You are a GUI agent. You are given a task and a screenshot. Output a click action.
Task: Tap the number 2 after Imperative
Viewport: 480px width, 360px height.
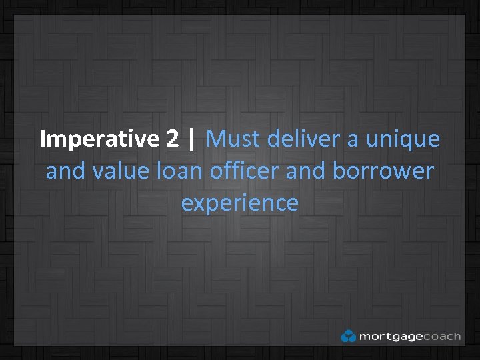[x=173, y=139]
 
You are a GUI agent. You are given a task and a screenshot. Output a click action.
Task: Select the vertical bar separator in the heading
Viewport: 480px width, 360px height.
[x=193, y=139]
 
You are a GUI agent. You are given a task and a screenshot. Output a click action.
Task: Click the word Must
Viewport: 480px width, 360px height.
[x=233, y=139]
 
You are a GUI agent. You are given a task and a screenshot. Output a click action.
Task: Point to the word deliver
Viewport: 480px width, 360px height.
[x=299, y=139]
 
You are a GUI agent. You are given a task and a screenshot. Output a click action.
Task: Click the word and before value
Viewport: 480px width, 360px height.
[x=65, y=171]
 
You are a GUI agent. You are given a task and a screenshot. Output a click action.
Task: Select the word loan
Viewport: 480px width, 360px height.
[x=179, y=171]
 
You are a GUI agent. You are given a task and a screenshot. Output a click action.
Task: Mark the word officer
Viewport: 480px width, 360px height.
[x=245, y=171]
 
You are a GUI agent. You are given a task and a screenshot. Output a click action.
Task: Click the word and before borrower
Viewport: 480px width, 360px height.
[x=306, y=171]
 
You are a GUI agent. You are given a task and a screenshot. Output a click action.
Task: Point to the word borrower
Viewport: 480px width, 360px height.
[x=383, y=171]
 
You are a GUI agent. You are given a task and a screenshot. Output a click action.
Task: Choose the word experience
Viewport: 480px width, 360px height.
[x=240, y=203]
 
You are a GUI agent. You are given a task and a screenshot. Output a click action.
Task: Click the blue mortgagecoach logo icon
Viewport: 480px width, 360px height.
[x=348, y=336]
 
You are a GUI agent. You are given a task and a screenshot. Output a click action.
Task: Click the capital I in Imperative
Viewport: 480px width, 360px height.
[x=43, y=139]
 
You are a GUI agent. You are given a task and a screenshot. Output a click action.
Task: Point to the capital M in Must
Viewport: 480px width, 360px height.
[x=216, y=139]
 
